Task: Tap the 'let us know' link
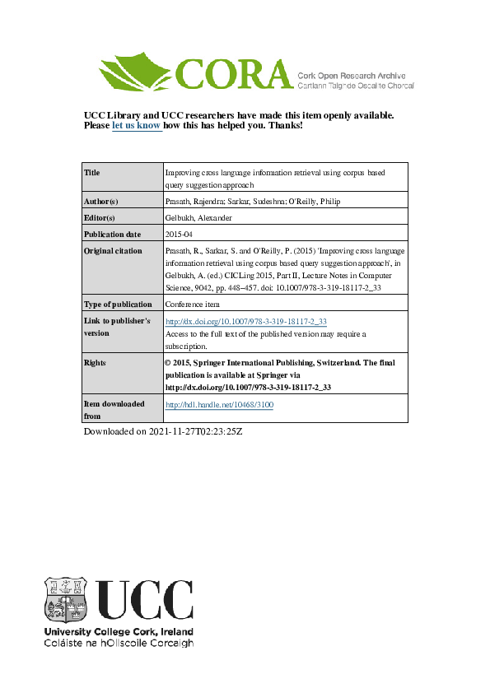pos(136,126)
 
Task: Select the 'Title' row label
pos(92,173)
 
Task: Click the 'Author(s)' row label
pos(101,202)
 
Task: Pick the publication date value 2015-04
pos(179,235)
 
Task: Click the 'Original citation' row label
pos(114,251)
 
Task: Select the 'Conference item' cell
pos(194,304)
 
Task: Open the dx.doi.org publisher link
pos(246,321)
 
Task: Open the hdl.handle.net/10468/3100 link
pos(219,405)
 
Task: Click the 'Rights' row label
pos(96,362)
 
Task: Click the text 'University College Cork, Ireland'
pos(119,632)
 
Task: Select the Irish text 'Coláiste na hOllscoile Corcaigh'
pos(119,643)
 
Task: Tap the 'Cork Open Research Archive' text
pos(354,74)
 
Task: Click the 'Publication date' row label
pos(114,235)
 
